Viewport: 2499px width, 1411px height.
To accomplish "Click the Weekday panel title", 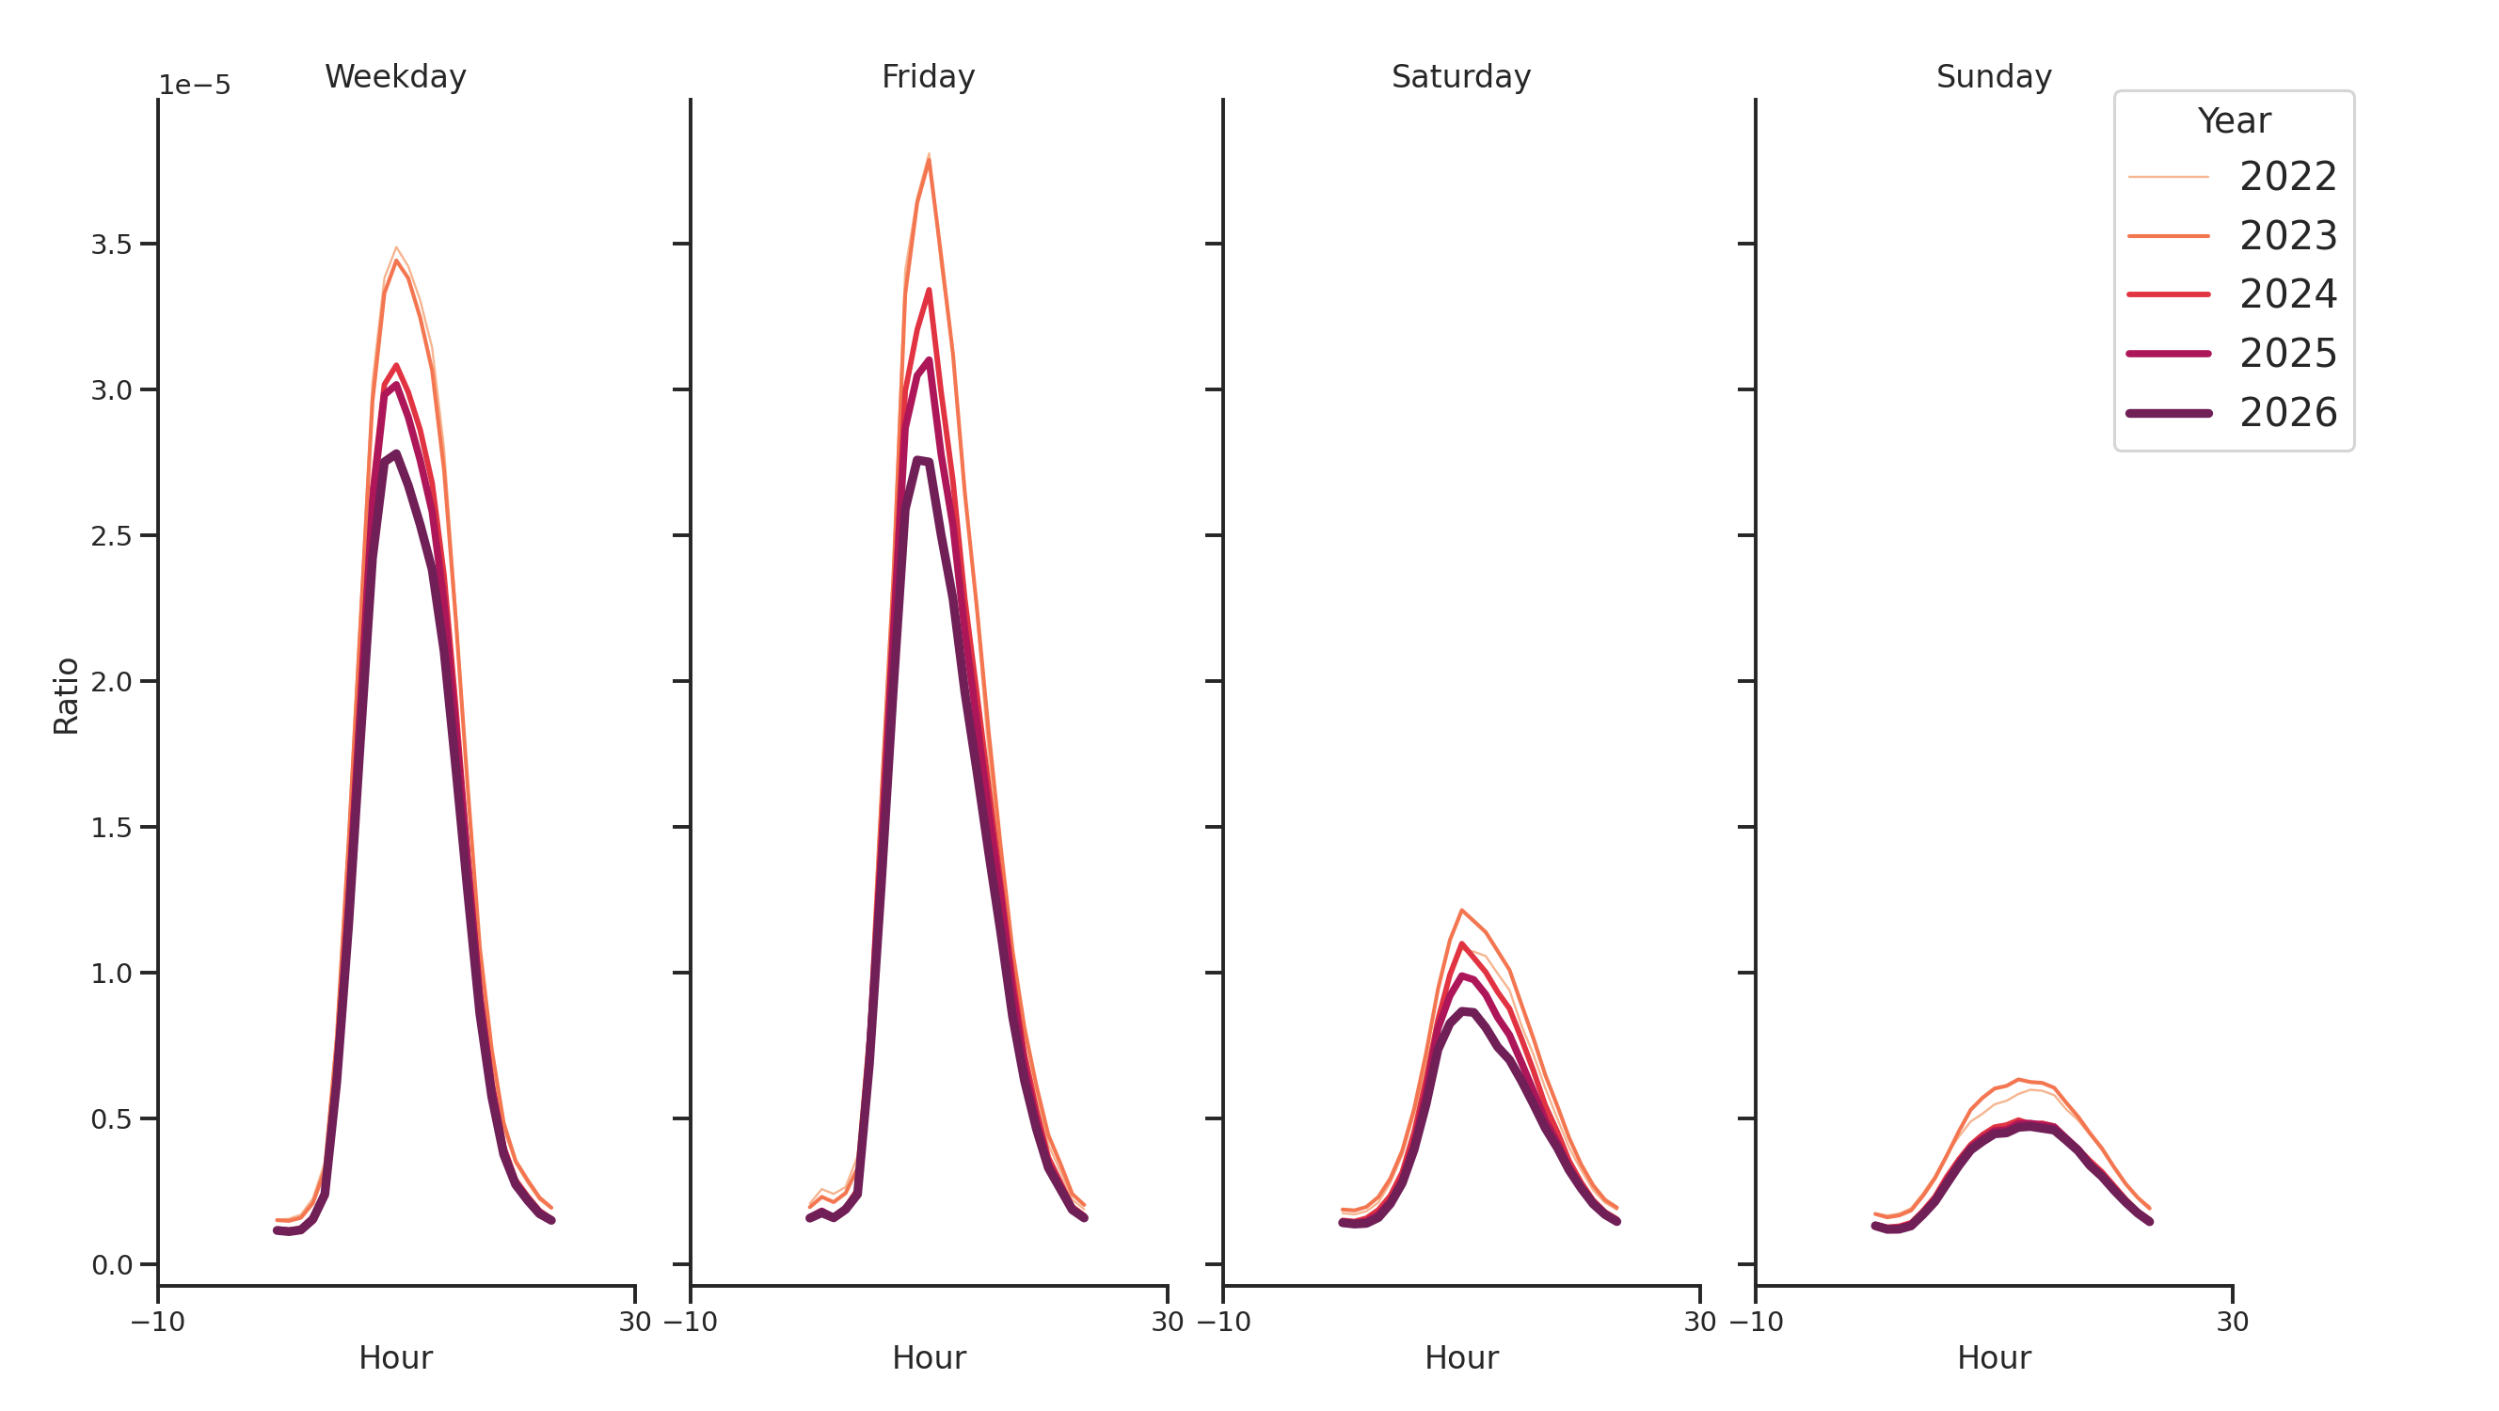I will pyautogui.click(x=395, y=76).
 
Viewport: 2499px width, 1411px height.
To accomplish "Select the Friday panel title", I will pyautogui.click(x=928, y=76).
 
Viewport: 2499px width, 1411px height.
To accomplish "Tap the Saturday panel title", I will pyautogui.click(x=1460, y=76).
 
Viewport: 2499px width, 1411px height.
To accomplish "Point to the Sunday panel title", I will pyautogui.click(x=1993, y=76).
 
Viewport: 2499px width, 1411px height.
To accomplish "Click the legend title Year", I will pyautogui.click(x=2233, y=121).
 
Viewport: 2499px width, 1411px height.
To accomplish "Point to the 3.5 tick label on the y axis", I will pyautogui.click(x=111, y=245).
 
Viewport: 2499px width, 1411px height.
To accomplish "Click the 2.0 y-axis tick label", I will pyautogui.click(x=111, y=682).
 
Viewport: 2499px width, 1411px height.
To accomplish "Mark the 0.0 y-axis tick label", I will pyautogui.click(x=111, y=1265).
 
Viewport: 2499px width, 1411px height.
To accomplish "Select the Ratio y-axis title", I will pyautogui.click(x=66, y=695).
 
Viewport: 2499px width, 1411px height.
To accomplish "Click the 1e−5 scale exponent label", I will pyautogui.click(x=194, y=86).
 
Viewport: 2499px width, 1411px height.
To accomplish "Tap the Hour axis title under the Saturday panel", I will pyautogui.click(x=1460, y=1357).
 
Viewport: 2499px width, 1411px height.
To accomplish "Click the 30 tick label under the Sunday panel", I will pyautogui.click(x=2231, y=1322).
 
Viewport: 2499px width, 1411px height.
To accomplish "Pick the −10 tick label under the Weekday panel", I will pyautogui.click(x=157, y=1322).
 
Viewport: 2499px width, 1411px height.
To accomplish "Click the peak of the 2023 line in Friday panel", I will pyautogui.click(x=929, y=158).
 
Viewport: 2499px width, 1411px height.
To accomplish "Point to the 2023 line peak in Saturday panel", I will pyautogui.click(x=1461, y=911).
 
